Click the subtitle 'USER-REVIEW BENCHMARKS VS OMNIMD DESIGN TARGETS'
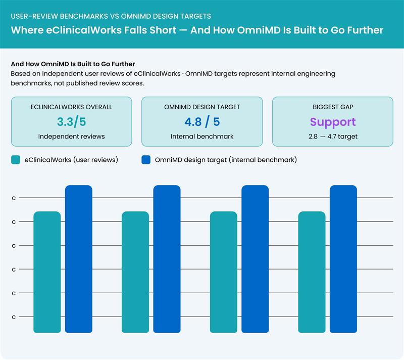[x=111, y=16]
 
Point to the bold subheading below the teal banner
[x=73, y=64]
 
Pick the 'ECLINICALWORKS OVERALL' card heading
[x=71, y=107]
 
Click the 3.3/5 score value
[x=71, y=122]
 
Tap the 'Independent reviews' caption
[x=71, y=137]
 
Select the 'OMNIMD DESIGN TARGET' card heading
[x=202, y=107]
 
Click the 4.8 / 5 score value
[x=202, y=122]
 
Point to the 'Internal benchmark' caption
[x=202, y=137]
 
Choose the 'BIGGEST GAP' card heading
[x=333, y=107]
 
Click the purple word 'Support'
[x=333, y=122]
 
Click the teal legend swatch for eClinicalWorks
[x=16, y=160]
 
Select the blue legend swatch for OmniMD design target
[x=146, y=160]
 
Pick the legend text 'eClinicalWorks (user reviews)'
[x=71, y=160]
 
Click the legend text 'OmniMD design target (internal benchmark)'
[x=226, y=160]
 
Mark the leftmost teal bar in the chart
[x=47, y=272]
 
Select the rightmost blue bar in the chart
[x=343, y=259]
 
